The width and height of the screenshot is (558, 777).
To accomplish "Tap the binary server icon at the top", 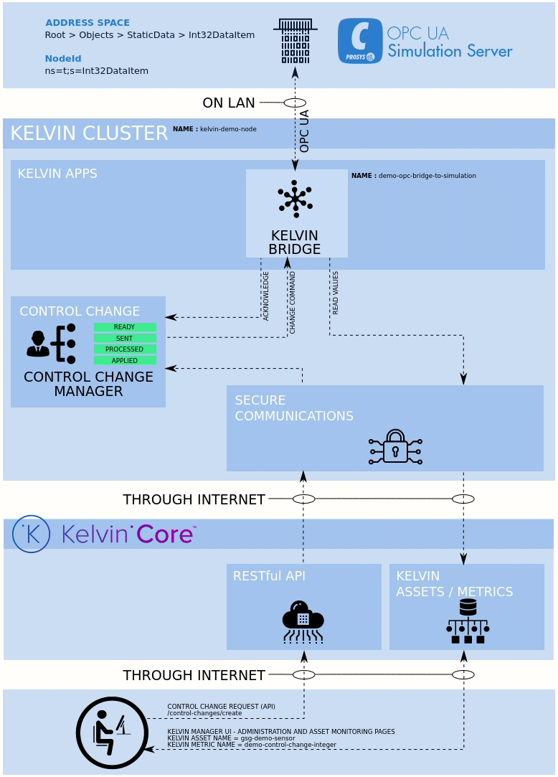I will (x=295, y=41).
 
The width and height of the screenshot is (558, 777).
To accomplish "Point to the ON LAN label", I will (x=228, y=103).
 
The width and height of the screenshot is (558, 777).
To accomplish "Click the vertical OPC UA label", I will (x=304, y=131).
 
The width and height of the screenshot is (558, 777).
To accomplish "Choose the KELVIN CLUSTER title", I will (x=89, y=133).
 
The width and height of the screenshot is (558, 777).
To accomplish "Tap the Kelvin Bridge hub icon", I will (x=295, y=199).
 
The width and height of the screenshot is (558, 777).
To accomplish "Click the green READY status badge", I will (x=125, y=327).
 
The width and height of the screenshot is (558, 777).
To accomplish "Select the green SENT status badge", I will (x=125, y=338).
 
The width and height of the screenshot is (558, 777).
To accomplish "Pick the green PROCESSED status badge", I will (x=125, y=349).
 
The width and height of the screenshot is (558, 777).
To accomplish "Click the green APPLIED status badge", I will (x=125, y=360).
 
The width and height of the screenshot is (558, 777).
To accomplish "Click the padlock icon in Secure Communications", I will (x=395, y=447).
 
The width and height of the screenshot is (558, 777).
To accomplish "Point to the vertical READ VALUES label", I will (x=336, y=292).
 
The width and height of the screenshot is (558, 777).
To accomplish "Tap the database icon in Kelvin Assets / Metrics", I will (x=468, y=621).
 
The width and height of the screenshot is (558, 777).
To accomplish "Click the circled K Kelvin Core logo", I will (x=31, y=534).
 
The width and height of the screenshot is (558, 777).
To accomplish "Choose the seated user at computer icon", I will (x=112, y=733).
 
